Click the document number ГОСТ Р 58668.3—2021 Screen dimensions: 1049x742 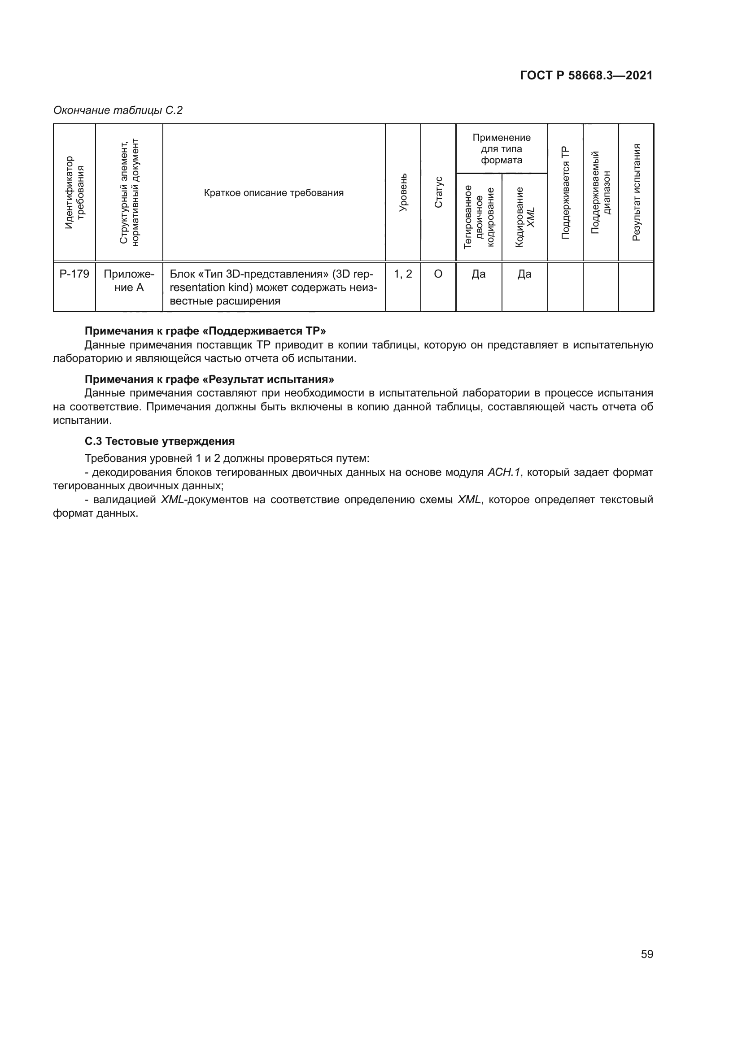coord(586,76)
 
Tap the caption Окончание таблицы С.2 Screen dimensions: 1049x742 coord(118,111)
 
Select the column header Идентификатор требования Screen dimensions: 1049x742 coord(74,193)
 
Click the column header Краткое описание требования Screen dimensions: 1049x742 coord(274,193)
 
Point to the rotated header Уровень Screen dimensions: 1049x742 coord(402,193)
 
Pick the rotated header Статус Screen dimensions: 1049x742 coord(438,193)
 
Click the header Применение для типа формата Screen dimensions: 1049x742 coord(501,149)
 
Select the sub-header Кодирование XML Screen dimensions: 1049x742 coord(524,218)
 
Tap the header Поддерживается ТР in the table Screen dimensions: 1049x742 coord(565,193)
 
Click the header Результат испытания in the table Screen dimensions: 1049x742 coord(636,193)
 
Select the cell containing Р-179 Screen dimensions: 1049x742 coord(74,274)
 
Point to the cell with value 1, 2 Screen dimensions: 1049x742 coord(402,274)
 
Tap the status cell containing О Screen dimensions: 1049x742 coord(438,274)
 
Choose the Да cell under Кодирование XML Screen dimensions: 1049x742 coord(524,274)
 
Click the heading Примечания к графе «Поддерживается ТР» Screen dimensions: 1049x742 coord(205,331)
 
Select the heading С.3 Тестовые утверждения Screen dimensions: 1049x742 coord(159,441)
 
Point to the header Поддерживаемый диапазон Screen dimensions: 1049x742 coord(601,193)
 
